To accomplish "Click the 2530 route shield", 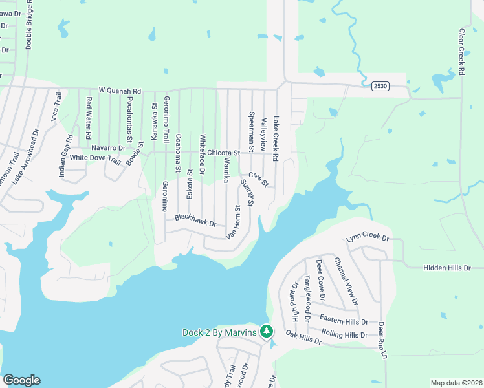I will (x=380, y=86).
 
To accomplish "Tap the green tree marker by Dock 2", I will (x=266, y=332).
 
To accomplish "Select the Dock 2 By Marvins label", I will (x=219, y=332).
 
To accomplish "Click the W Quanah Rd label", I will (x=120, y=91).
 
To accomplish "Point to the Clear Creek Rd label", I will (x=462, y=52).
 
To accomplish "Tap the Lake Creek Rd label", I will (x=276, y=139).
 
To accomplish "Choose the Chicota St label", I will (x=223, y=153).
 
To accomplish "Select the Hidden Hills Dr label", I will (x=453, y=268).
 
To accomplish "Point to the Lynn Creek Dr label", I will (x=368, y=237).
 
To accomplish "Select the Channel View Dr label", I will (x=346, y=281).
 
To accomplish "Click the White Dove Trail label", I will (x=95, y=158).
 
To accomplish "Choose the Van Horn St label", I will (x=233, y=222).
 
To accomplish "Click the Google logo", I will (x=21, y=380).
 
